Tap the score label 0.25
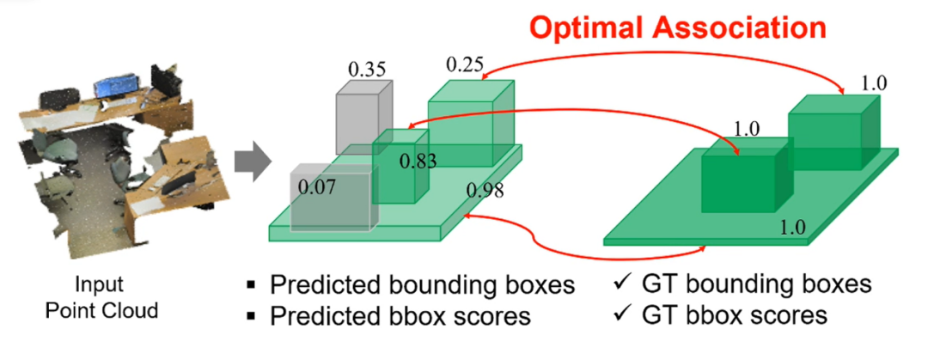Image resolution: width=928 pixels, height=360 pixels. coord(465,64)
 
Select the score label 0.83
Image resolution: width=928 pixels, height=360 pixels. coord(417,160)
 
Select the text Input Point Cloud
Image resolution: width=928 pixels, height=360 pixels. coord(100,296)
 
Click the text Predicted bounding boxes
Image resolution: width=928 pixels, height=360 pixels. coord(422,285)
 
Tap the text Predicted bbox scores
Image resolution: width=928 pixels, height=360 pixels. coord(400,315)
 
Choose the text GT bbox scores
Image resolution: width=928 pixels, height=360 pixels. coord(734,315)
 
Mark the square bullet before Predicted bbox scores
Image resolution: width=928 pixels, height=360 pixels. coord(251,316)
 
